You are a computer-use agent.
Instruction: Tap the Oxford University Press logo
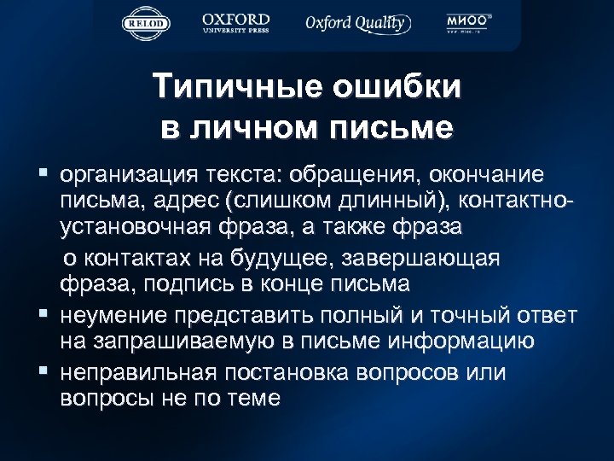point(236,22)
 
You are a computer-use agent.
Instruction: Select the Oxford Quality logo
point(358,23)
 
